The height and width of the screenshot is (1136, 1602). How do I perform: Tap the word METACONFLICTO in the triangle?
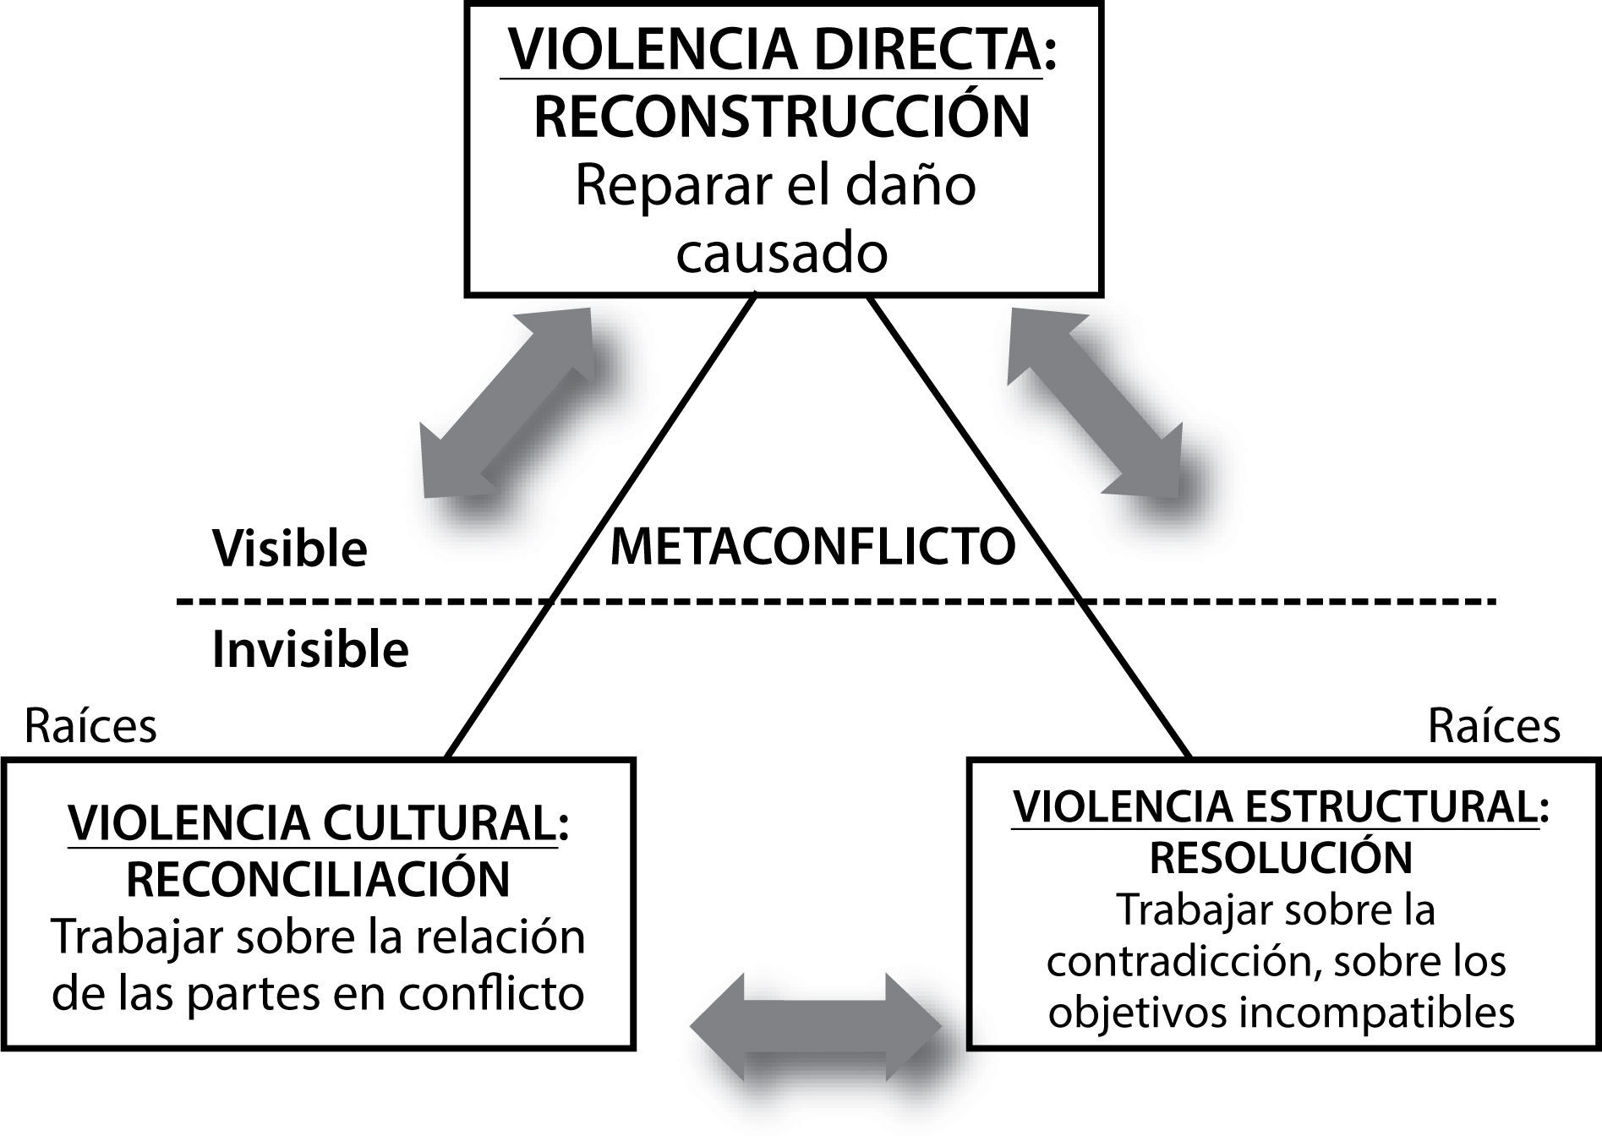coord(812,547)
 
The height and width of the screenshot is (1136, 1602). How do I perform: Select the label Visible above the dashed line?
coord(290,549)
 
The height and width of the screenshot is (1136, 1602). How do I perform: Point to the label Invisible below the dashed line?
coord(310,650)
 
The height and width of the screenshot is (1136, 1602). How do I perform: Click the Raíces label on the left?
coord(90,726)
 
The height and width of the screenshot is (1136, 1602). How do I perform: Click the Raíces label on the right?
coord(1494,726)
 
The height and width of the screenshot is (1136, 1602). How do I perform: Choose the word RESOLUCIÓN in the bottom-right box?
coord(1281,858)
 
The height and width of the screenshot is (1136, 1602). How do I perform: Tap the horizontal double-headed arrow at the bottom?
coord(816,1026)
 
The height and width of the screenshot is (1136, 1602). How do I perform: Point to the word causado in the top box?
coord(782,253)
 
